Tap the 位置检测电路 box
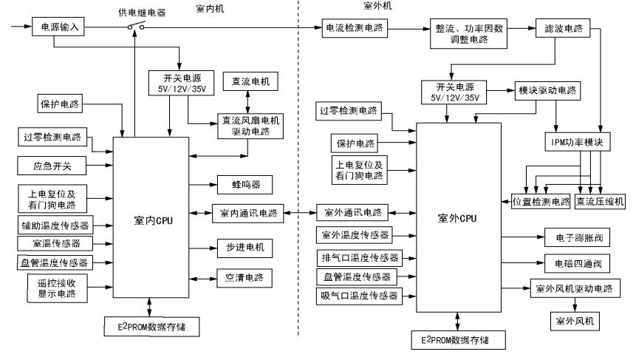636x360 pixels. pyautogui.click(x=541, y=201)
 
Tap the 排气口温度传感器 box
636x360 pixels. pyautogui.click(x=360, y=257)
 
